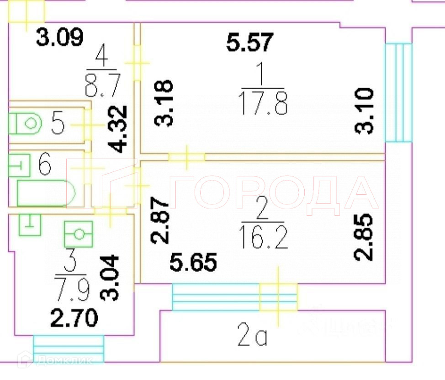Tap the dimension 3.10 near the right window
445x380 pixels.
(366, 111)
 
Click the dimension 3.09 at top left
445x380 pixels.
(60, 38)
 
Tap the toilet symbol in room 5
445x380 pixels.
(26, 123)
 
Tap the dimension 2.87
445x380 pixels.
(160, 220)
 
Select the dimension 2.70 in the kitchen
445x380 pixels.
(74, 318)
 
